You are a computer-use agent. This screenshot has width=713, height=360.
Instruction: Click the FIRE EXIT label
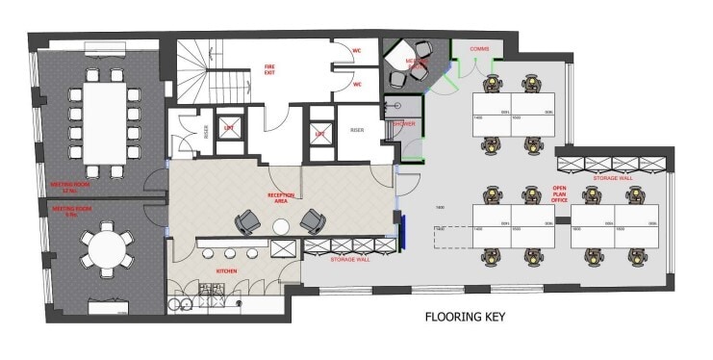[x=270, y=70]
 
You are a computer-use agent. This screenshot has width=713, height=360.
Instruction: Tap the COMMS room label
[x=480, y=48]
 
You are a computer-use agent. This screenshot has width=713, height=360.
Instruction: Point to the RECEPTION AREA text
[x=280, y=198]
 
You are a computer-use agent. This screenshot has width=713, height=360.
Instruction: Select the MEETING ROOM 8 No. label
[x=69, y=210]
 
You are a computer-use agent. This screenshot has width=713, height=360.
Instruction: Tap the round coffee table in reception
[x=281, y=226]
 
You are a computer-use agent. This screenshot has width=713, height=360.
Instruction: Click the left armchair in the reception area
[x=247, y=222]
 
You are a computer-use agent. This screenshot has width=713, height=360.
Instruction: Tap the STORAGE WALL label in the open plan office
[x=611, y=177]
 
